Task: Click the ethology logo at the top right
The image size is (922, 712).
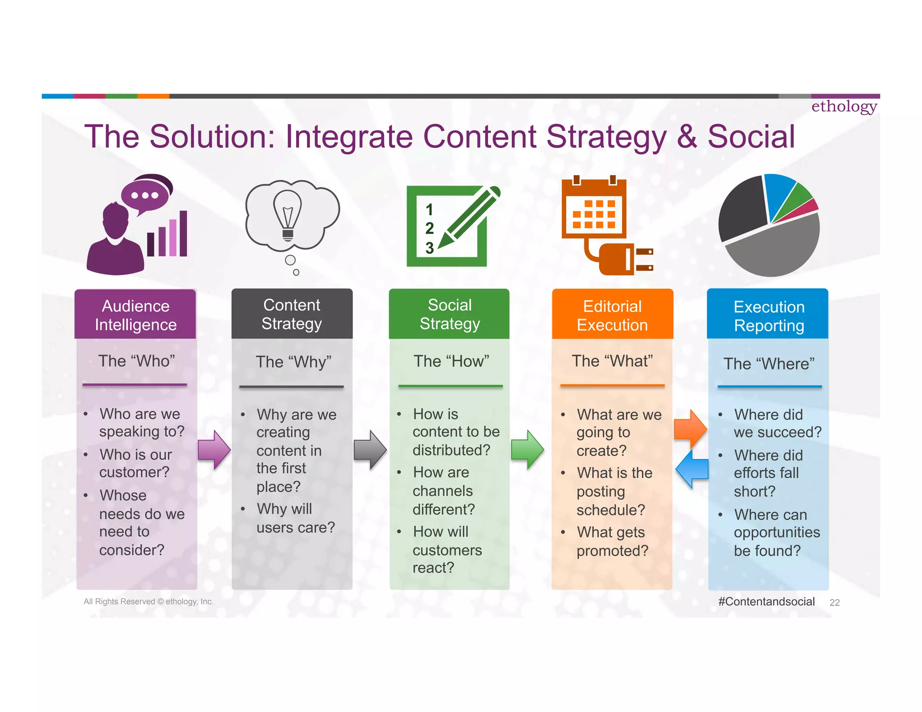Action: (x=844, y=107)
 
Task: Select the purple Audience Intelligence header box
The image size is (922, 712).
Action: (x=135, y=315)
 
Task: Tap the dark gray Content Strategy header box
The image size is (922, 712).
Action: (x=292, y=314)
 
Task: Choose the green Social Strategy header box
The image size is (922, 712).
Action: (x=449, y=314)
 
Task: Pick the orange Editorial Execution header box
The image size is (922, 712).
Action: (x=612, y=315)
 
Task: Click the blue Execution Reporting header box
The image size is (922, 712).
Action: (x=768, y=315)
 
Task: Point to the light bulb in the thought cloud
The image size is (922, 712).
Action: (x=287, y=215)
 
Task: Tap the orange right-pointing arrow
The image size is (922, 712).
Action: (x=690, y=428)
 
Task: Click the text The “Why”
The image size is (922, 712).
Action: (x=293, y=362)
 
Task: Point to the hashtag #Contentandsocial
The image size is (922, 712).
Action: (x=766, y=601)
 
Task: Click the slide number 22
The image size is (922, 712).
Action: (x=834, y=603)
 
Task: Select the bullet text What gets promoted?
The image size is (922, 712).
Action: (x=612, y=541)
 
